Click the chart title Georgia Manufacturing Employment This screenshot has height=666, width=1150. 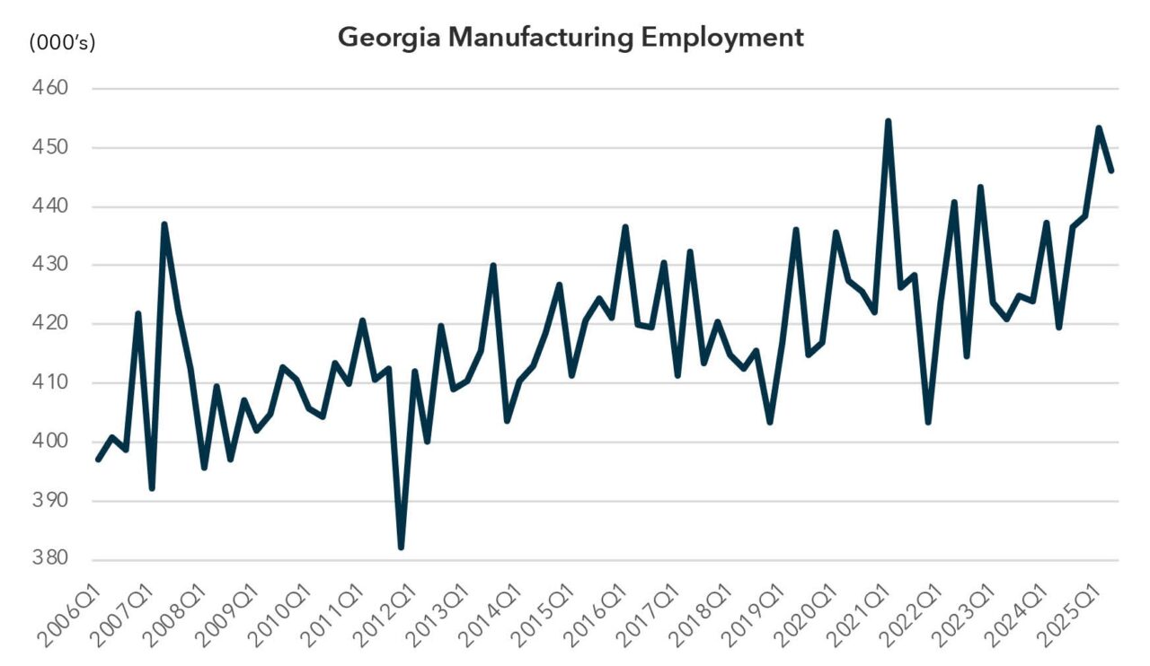pyautogui.click(x=571, y=38)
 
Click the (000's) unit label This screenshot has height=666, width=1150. pyautogui.click(x=63, y=41)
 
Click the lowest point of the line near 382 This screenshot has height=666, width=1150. pyautogui.click(x=401, y=547)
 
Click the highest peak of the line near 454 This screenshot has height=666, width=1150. pyautogui.click(x=888, y=121)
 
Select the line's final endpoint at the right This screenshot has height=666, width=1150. pyautogui.click(x=1111, y=171)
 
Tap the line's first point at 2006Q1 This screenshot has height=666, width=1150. pyautogui.click(x=98, y=460)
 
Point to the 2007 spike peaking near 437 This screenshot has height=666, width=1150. pyautogui.click(x=164, y=224)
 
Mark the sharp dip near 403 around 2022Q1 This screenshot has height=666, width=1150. pyautogui.click(x=927, y=422)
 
